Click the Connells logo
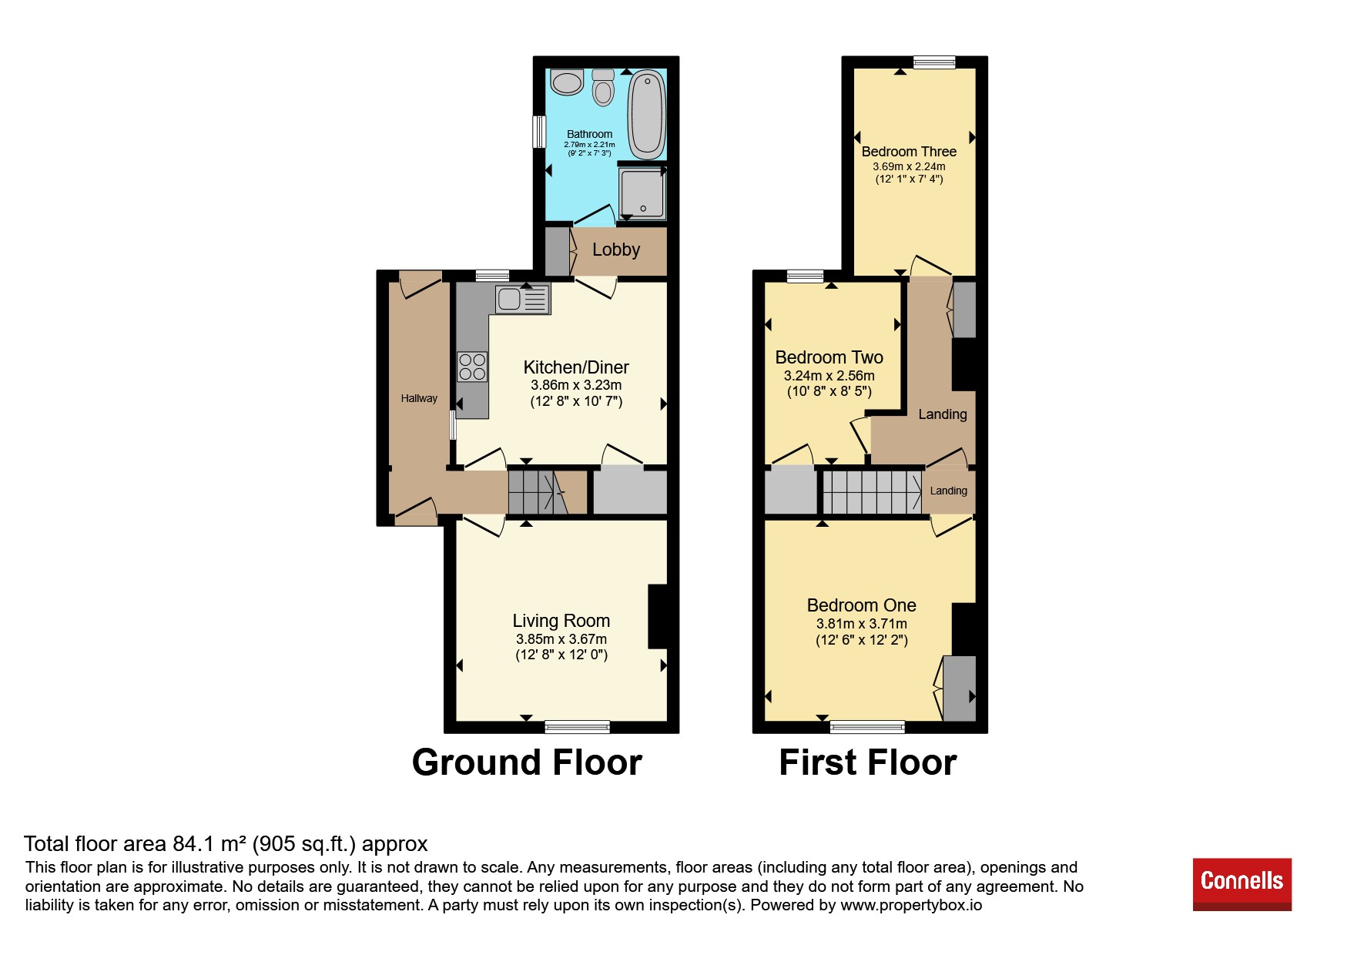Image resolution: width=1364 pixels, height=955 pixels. [x=1242, y=884]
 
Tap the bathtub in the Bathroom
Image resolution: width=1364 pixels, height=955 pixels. [x=647, y=115]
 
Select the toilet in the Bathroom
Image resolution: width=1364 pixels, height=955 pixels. [x=603, y=88]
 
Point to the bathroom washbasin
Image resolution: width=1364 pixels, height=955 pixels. [x=568, y=82]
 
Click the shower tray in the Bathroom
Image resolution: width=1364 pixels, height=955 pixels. [x=642, y=193]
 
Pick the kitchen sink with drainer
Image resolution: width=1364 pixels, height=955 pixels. [x=523, y=299]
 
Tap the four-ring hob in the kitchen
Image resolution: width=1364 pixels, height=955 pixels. [x=472, y=367]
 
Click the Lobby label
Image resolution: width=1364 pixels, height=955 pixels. [x=616, y=250]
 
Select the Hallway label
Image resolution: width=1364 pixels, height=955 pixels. [x=419, y=398]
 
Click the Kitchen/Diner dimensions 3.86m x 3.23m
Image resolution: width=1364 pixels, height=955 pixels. [x=576, y=385]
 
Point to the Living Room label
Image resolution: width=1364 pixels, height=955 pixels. [x=561, y=621]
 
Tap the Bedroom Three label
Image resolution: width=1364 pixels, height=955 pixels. [x=909, y=152]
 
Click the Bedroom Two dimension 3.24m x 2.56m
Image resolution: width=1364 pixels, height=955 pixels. [x=829, y=376]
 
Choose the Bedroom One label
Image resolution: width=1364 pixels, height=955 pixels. [x=862, y=605]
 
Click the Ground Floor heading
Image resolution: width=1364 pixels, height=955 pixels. [x=527, y=762]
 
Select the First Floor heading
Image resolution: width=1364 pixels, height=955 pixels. [x=868, y=762]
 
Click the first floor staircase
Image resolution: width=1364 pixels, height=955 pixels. [x=872, y=491]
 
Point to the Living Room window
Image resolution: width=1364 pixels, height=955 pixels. [x=577, y=726]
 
